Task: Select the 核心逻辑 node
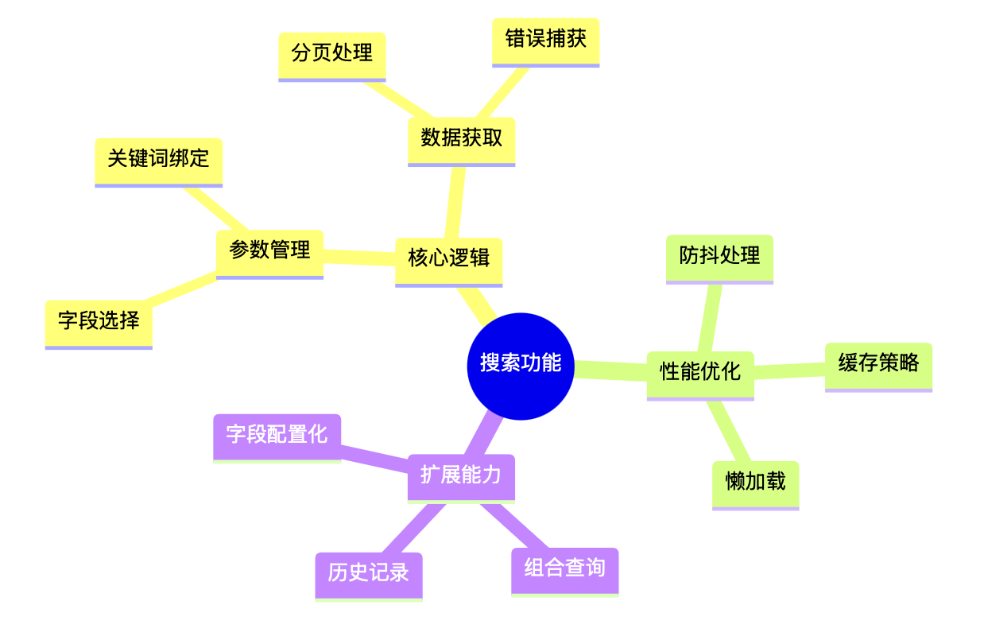[448, 258]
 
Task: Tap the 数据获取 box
[461, 138]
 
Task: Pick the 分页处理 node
[331, 54]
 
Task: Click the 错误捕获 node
[545, 39]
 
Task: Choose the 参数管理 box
[269, 251]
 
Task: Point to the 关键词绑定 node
[158, 159]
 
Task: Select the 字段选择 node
[99, 321]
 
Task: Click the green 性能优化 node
[699, 372]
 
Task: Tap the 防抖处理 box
[719, 256]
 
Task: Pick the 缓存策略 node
[878, 364]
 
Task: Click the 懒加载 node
[755, 483]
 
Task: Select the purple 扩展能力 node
[461, 475]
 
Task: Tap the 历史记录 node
[368, 573]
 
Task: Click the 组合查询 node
[564, 569]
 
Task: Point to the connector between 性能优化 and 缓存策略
[789, 370]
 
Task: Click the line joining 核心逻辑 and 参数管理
[359, 256]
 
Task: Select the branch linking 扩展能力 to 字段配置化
[374, 460]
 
